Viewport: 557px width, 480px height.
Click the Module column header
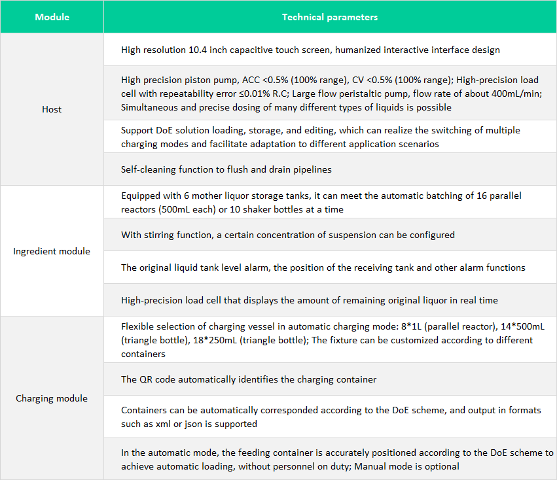click(52, 17)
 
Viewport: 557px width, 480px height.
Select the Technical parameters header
click(329, 17)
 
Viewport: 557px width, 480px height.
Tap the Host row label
click(52, 109)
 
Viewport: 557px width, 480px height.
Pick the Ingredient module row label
click(52, 251)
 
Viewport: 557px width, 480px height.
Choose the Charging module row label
click(52, 398)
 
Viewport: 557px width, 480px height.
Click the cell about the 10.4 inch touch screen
click(310, 50)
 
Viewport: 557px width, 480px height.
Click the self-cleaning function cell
click(226, 169)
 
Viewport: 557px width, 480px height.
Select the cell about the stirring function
click(288, 234)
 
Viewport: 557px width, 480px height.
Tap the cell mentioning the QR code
click(249, 379)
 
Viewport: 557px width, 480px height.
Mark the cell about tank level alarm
click(323, 267)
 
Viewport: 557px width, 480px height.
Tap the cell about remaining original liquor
click(310, 300)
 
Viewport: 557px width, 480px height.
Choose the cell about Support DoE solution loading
click(321, 137)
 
